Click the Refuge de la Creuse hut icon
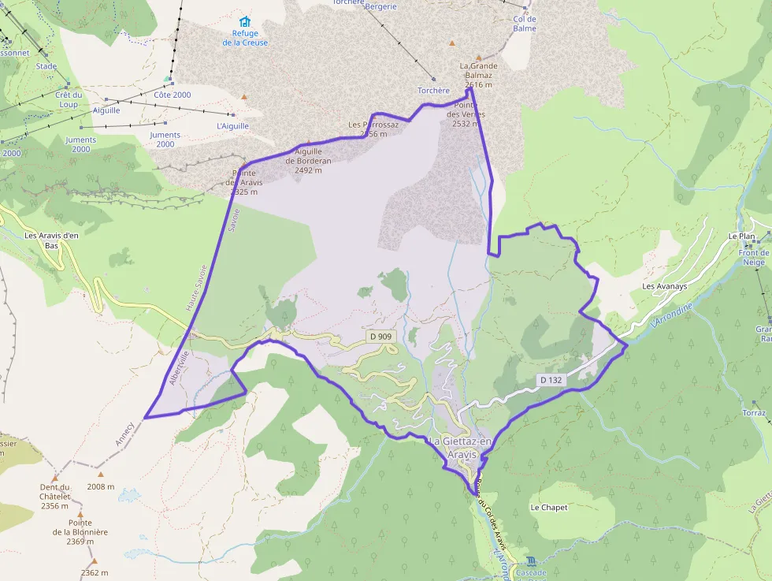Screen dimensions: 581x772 245,21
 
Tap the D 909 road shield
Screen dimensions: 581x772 380,337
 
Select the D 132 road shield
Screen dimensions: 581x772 552,380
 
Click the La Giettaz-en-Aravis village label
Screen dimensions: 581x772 461,448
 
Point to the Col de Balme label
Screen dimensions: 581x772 524,24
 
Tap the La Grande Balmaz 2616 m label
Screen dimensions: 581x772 478,76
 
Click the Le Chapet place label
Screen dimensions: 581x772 548,508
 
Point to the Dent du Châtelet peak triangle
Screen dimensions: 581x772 55,478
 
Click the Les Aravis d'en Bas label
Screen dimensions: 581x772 52,240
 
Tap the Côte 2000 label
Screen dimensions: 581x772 172,95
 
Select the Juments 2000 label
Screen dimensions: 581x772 81,144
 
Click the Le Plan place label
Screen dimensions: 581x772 741,236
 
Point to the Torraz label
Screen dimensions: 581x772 753,412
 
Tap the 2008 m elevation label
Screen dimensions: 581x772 101,486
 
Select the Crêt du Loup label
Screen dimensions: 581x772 69,99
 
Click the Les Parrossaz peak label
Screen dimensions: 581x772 373,129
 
